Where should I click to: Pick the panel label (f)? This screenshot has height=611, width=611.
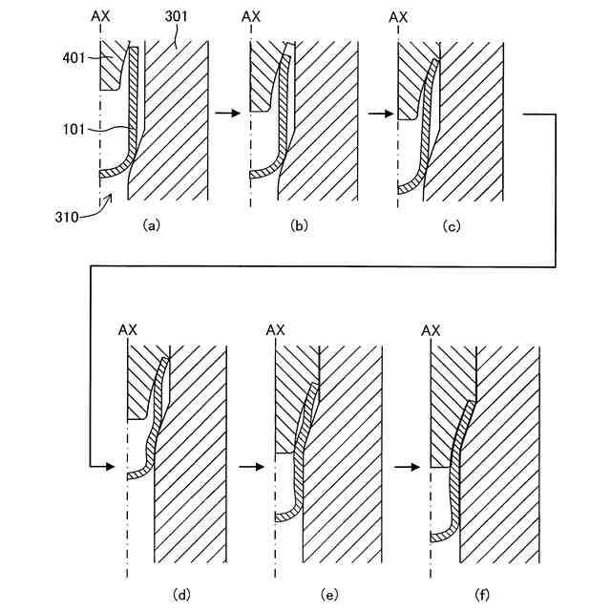tap(483, 595)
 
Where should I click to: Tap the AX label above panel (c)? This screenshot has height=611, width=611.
tap(399, 17)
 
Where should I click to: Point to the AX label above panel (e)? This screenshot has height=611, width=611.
tap(275, 329)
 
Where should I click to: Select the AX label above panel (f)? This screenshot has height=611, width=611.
tap(431, 329)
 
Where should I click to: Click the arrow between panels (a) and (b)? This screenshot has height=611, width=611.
tap(227, 113)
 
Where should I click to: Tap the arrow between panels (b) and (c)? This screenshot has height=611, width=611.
tap(379, 113)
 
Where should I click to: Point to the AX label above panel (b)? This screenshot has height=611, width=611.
tap(250, 17)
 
